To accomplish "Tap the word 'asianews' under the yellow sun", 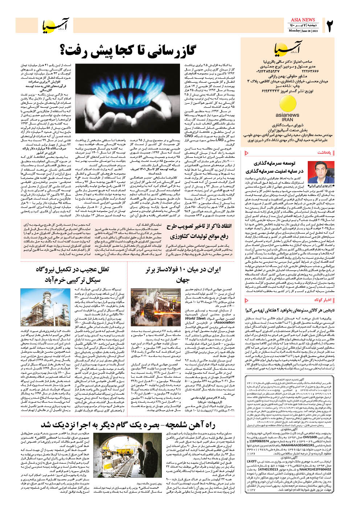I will click(287, 115).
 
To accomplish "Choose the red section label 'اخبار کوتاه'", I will click(323, 300).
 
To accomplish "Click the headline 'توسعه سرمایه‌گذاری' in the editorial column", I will click(279, 164).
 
